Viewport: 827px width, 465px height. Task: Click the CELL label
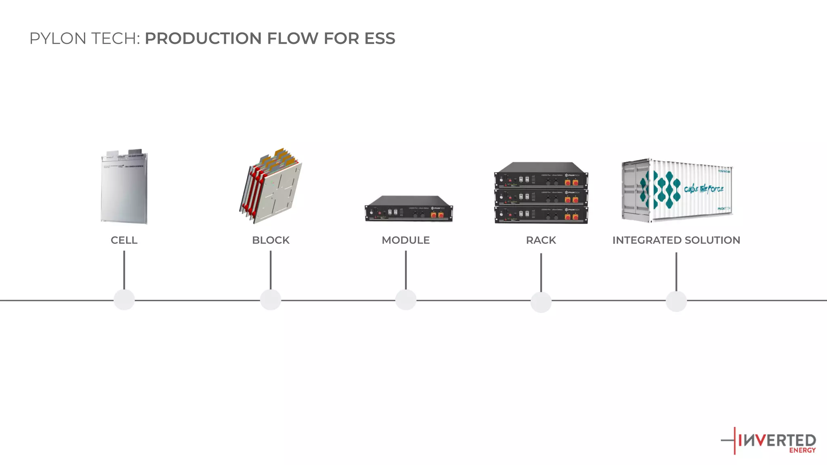[x=124, y=240]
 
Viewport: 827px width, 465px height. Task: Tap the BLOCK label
[x=271, y=240]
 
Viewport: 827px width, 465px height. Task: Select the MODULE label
[x=405, y=240]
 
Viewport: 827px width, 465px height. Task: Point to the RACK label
[x=541, y=240]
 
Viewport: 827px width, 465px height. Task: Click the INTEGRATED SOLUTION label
[x=676, y=240]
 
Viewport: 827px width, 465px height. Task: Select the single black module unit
[x=409, y=209]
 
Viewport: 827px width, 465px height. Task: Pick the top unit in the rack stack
[x=541, y=176]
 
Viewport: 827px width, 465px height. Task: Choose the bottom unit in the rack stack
[x=541, y=215]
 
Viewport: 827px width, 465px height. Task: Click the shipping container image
[x=677, y=190]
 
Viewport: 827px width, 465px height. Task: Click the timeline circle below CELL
[x=124, y=300]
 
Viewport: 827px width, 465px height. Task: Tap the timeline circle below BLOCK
[x=271, y=300]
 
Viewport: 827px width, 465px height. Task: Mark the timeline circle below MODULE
[x=406, y=300]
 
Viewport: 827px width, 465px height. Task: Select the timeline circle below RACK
[x=541, y=302]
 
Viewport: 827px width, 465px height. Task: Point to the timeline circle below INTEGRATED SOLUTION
[x=676, y=301]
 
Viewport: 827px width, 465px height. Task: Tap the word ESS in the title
[x=380, y=38]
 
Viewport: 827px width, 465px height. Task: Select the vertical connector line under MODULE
[x=406, y=270]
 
